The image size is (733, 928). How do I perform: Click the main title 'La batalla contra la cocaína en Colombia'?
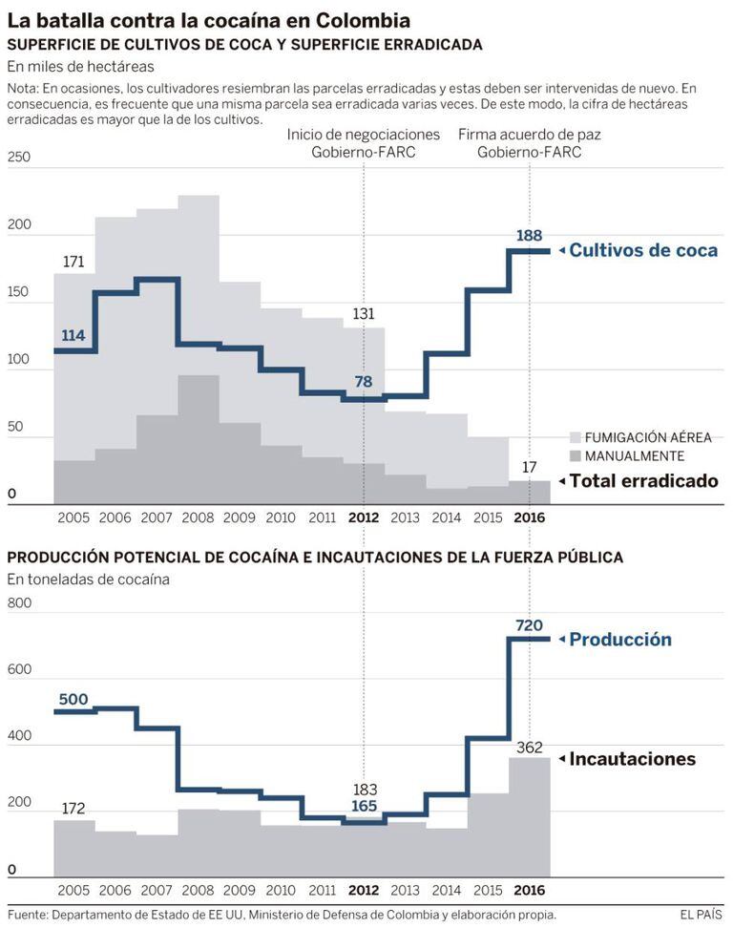pos(209,19)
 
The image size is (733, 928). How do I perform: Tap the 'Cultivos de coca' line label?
pos(643,250)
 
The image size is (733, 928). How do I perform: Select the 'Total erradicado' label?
pos(643,481)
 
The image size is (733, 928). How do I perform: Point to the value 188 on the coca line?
pos(530,235)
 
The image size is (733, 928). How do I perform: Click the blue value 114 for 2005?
pos(74,335)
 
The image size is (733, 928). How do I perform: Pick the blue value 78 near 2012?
pos(364,382)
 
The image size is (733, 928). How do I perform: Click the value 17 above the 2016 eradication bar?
pos(530,467)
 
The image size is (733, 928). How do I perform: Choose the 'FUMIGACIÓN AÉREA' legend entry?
pos(648,437)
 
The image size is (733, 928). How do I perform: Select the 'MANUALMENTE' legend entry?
pos(634,456)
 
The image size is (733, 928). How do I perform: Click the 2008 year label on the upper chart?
pos(198,517)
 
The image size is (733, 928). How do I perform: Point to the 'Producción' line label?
pos(620,640)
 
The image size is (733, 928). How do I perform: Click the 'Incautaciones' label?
pos(632,759)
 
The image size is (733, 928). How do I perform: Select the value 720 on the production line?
pos(530,624)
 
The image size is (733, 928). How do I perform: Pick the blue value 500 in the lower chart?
pos(73,699)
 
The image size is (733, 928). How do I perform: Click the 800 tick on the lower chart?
pos(19,602)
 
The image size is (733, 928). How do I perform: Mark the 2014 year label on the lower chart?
pos(446,890)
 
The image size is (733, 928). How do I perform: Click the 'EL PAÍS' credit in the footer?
pos(701,915)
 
